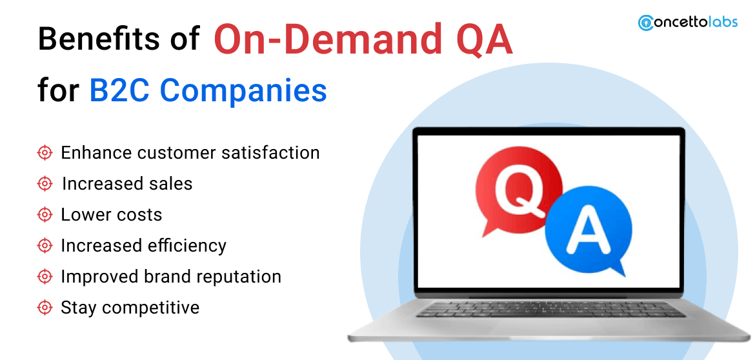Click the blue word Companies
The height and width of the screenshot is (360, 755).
(x=244, y=92)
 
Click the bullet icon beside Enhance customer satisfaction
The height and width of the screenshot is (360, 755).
(x=45, y=153)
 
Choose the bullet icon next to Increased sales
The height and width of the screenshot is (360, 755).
(x=45, y=184)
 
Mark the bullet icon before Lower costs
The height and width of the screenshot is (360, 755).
(x=45, y=215)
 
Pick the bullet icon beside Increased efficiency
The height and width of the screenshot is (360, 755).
(x=45, y=246)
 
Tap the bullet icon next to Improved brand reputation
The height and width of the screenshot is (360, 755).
(x=45, y=277)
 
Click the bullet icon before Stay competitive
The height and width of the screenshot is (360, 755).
(x=45, y=308)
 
